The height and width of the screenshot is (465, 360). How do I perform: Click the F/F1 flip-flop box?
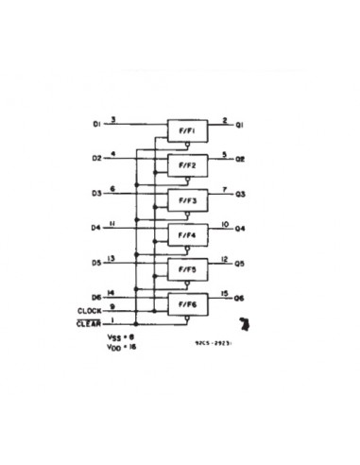[187, 129]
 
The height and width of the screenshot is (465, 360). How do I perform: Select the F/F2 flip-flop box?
[187, 164]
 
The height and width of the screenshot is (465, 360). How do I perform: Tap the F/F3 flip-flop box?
[187, 199]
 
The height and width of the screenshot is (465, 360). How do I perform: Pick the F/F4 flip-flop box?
[187, 234]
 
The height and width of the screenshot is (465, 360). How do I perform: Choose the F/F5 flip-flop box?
[187, 269]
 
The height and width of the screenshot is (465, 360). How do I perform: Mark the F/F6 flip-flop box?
[187, 303]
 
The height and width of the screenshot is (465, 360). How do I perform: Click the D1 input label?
[96, 124]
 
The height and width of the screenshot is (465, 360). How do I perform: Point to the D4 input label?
[96, 228]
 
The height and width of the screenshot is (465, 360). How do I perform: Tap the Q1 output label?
[241, 125]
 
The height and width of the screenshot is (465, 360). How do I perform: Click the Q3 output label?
[241, 194]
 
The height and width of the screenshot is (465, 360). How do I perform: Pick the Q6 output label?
[241, 299]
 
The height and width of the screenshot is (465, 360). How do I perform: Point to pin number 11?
[113, 223]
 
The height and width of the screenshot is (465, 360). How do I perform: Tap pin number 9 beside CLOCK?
[113, 306]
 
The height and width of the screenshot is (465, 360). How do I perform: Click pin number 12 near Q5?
[223, 258]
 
